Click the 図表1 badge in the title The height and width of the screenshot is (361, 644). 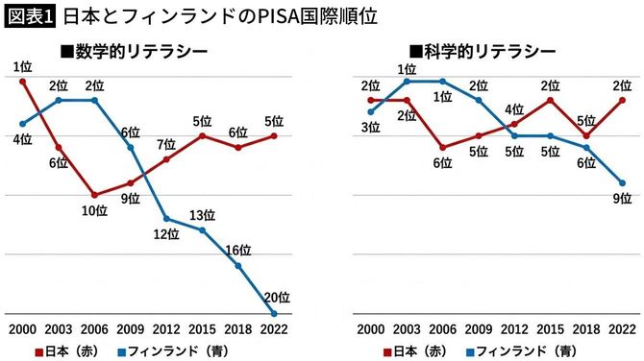(x=29, y=16)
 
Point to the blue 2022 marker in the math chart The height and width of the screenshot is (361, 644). (x=274, y=314)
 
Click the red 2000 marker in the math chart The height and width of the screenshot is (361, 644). (x=22, y=82)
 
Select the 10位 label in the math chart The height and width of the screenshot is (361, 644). (x=94, y=211)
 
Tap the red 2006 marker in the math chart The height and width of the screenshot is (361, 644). (x=94, y=195)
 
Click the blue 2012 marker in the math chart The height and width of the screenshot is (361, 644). (x=166, y=219)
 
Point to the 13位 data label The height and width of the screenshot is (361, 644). (x=203, y=214)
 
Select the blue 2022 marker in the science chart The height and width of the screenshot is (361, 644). (x=623, y=183)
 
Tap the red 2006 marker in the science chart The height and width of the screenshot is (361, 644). (x=442, y=148)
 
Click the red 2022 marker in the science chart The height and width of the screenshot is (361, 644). (x=623, y=100)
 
